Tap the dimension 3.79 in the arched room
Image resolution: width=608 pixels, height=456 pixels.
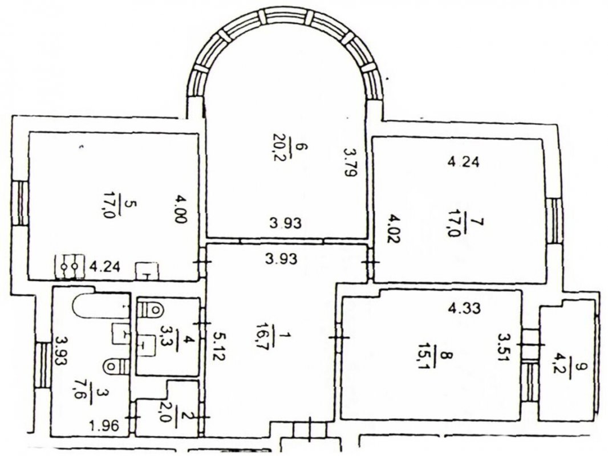tap(351, 162)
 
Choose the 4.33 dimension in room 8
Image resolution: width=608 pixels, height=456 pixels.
tap(464, 308)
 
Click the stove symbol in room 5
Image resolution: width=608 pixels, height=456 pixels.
tap(70, 267)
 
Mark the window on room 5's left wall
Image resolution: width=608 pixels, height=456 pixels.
tap(20, 204)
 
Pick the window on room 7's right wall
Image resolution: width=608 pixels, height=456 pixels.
tap(554, 221)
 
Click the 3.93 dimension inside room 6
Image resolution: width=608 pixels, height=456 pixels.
tap(285, 223)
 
